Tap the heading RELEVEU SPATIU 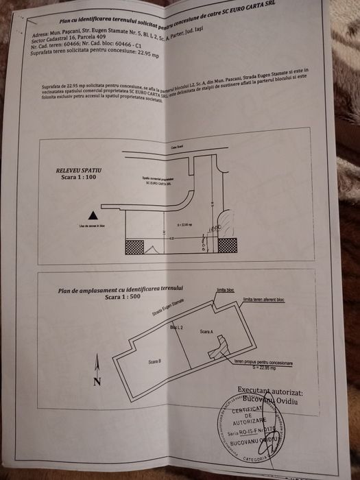pyautogui.click(x=79, y=168)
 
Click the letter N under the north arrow pyautogui.click(x=97, y=381)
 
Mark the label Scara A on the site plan pyautogui.click(x=207, y=331)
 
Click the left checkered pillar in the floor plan pyautogui.click(x=134, y=246)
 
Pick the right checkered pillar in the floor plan pyautogui.click(x=228, y=245)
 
